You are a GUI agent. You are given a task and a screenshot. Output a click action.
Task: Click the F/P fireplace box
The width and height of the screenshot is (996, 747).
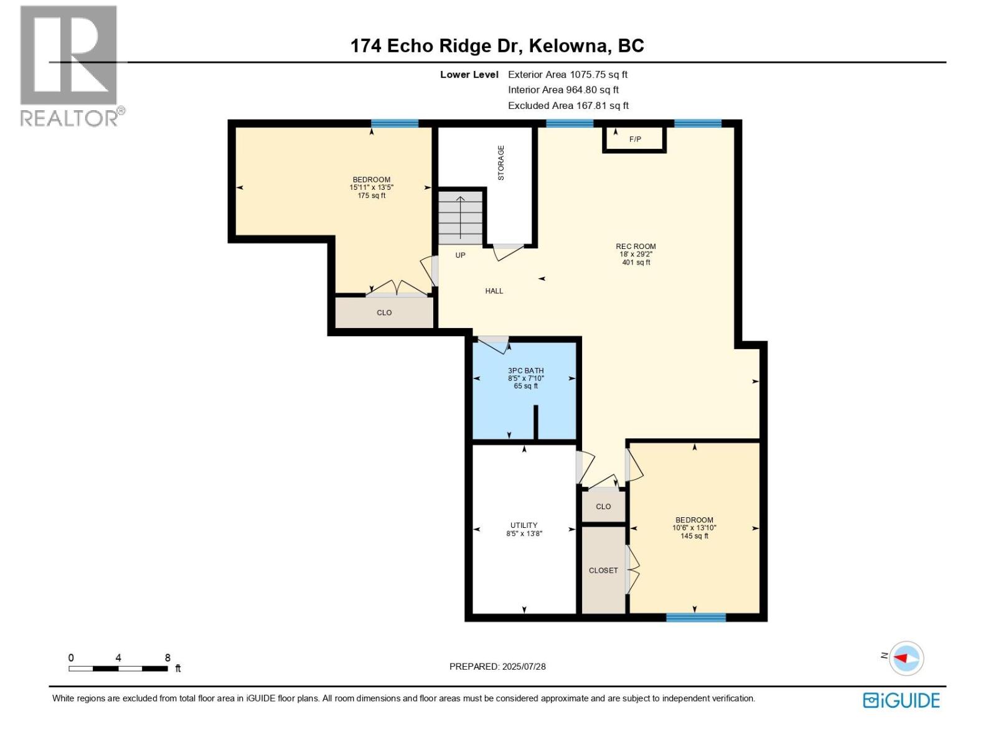(x=634, y=139)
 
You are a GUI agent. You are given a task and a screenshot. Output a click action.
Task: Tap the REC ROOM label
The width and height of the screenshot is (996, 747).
(x=636, y=247)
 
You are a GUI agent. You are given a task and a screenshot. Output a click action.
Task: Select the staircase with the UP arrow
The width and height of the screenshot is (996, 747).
(x=461, y=217)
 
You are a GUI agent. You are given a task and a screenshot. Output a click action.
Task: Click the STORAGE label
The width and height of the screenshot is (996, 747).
(x=501, y=163)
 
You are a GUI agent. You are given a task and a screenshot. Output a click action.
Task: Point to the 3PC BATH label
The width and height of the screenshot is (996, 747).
(x=525, y=370)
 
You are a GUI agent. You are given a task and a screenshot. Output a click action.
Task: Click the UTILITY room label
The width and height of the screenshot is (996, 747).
(x=524, y=525)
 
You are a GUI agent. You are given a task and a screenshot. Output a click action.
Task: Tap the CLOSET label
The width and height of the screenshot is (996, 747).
(x=603, y=570)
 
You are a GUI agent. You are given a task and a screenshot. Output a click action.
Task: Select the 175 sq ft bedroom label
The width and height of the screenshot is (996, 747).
(x=372, y=187)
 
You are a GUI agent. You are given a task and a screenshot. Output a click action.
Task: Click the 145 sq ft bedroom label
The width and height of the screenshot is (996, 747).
(x=694, y=527)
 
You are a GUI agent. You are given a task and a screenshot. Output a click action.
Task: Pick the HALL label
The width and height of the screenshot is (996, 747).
(x=494, y=291)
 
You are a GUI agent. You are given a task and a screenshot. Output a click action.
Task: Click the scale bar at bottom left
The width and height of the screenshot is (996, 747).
(x=118, y=669)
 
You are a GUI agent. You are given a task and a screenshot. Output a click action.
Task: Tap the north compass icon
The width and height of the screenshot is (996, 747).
(x=906, y=658)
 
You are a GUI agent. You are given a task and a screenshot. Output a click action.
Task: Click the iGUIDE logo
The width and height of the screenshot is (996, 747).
(x=901, y=700)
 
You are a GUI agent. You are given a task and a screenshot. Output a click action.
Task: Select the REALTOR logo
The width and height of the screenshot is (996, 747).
(x=69, y=65)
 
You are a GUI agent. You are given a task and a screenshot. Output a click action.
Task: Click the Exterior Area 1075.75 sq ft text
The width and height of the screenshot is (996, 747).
(x=567, y=75)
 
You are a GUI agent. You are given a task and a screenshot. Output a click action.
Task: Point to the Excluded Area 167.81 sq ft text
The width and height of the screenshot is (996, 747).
(x=568, y=106)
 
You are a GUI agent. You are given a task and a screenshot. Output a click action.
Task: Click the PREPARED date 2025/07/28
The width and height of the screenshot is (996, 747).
(x=497, y=667)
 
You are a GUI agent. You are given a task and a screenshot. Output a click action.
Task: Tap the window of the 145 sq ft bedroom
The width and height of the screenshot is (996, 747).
(x=695, y=618)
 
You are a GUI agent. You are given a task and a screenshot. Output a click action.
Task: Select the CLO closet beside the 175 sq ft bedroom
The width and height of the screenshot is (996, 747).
(x=384, y=312)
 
